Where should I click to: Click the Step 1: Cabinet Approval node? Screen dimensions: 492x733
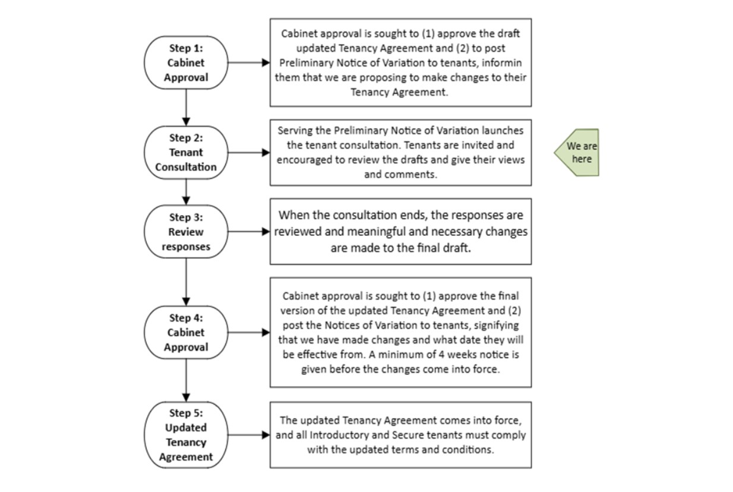tap(186, 62)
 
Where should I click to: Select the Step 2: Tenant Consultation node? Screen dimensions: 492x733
tap(186, 152)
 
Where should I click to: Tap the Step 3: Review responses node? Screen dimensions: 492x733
tap(186, 232)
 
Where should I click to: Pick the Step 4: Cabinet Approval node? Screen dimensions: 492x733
tap(186, 332)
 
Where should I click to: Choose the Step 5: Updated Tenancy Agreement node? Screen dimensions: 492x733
tap(186, 435)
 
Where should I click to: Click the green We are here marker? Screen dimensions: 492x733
tap(578, 153)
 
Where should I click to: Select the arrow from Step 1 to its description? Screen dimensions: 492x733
tap(248, 62)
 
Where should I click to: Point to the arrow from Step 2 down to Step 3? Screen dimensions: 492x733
tap(186, 191)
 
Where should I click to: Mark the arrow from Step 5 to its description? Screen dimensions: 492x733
tap(248, 435)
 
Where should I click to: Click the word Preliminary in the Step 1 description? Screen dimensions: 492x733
tap(307, 63)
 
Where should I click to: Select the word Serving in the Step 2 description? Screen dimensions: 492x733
tap(295, 130)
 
